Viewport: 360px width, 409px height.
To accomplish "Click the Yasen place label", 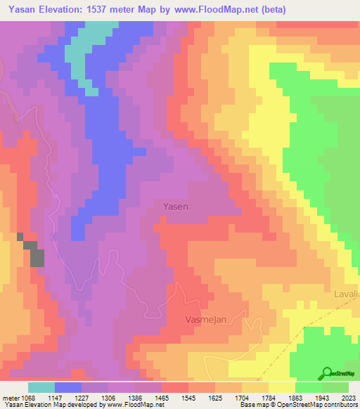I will click(176, 207).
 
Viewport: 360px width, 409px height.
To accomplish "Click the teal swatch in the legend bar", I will click(41, 387).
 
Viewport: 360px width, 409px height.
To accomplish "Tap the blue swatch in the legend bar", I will click(68, 387).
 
